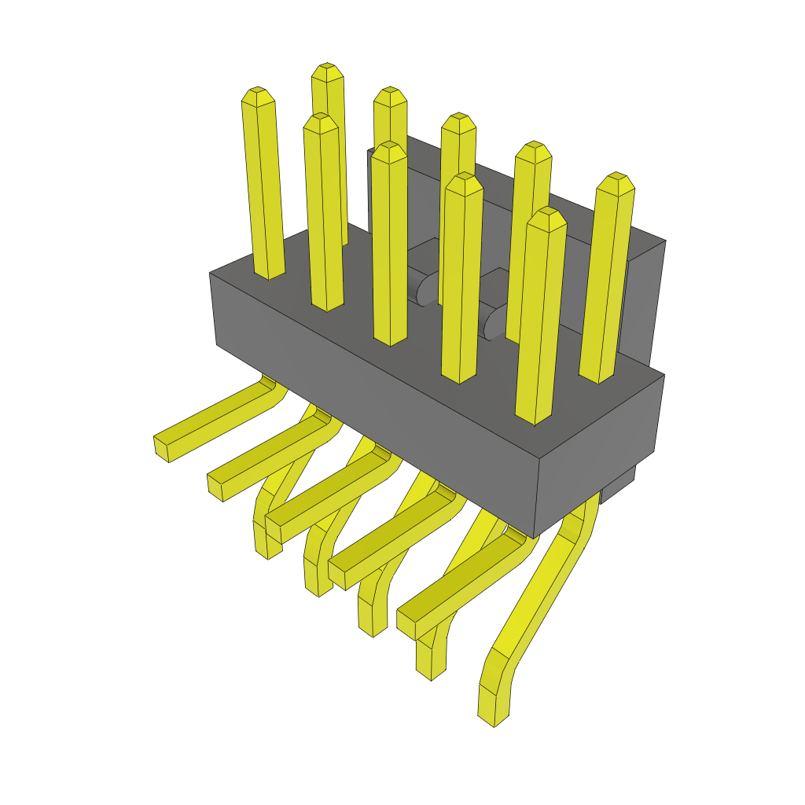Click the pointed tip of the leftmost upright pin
[x=258, y=95]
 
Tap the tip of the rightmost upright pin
[x=616, y=182]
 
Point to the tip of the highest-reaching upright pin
[x=327, y=71]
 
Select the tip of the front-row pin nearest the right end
[x=546, y=216]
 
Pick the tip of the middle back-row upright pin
[x=458, y=122]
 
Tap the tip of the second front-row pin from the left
[x=321, y=122]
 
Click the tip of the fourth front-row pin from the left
[x=463, y=182]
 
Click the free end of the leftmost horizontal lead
[x=162, y=447]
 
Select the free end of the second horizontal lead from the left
[x=216, y=486]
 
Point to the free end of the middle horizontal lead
[x=274, y=527]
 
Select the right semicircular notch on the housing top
[x=495, y=323]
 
